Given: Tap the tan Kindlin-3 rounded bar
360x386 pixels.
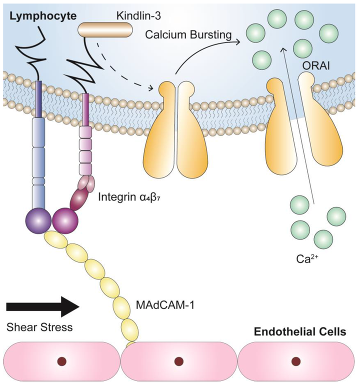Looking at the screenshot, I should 105,30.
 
